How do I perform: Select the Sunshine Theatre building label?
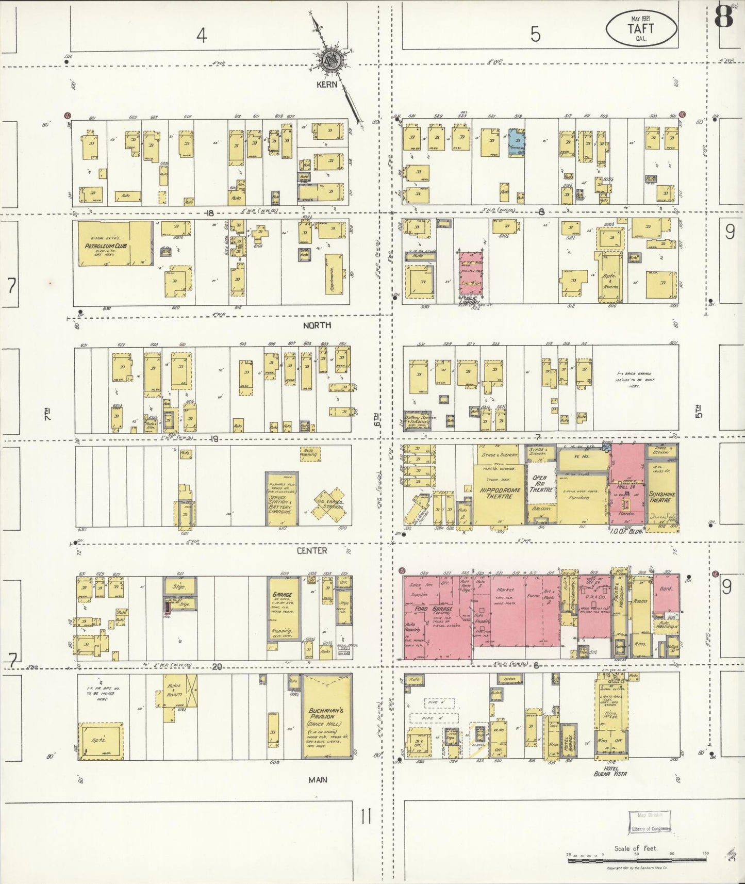(660, 496)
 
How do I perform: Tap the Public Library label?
(470, 300)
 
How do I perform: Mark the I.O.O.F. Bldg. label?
(625, 531)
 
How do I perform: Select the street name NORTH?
(317, 325)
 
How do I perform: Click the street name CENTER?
(311, 551)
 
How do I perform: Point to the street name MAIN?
(318, 780)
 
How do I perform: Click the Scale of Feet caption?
(635, 848)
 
